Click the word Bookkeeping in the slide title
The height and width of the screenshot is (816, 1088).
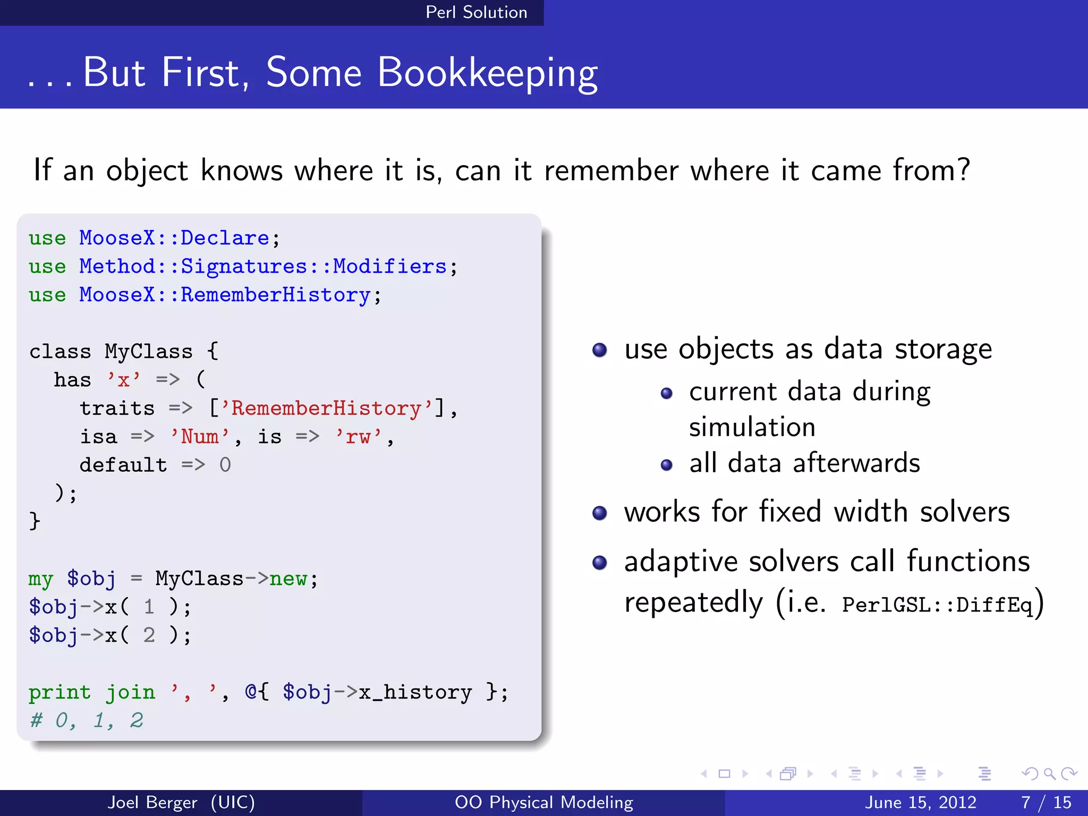pos(487,73)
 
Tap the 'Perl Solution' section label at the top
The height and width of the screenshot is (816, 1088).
pos(476,12)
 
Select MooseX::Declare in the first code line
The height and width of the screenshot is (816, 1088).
pos(174,238)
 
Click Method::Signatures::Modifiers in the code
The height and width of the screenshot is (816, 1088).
pos(262,266)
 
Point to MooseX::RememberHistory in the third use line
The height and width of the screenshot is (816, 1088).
pos(224,295)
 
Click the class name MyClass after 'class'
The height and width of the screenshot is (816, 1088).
pos(148,352)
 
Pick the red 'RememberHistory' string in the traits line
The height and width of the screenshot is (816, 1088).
pos(326,409)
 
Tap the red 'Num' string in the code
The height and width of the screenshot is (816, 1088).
pos(200,437)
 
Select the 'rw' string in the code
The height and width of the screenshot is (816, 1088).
pos(358,437)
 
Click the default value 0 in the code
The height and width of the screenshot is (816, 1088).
pos(225,465)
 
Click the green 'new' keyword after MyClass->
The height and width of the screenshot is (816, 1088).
pos(288,579)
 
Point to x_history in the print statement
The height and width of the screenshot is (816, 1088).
pos(415,692)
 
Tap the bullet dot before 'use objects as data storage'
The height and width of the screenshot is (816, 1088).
pos(600,350)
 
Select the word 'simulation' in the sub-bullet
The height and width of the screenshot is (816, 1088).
pos(752,428)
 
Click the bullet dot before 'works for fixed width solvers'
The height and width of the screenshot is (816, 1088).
pos(600,513)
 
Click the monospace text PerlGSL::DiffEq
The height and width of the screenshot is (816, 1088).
pos(937,605)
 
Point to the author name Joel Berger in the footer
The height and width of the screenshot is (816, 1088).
pos(152,802)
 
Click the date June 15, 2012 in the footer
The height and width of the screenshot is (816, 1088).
pos(921,802)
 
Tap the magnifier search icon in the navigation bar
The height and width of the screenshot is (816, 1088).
pos(1049,773)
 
